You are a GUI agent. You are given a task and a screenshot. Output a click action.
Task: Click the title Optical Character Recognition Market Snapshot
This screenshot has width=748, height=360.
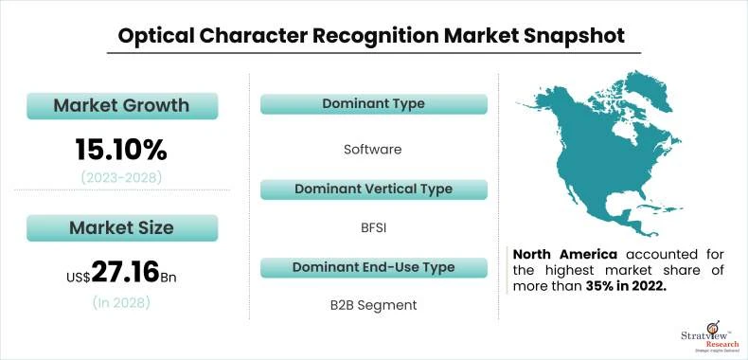pos(371,36)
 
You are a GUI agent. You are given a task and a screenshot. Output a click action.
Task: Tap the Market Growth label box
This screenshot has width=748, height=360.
pos(121,105)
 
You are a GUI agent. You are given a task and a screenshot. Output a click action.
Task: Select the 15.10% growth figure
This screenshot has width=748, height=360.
pos(121,149)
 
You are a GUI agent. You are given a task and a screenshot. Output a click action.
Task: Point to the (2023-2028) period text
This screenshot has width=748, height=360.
pos(121,177)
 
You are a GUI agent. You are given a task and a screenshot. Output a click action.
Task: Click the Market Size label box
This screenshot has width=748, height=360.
pos(121,227)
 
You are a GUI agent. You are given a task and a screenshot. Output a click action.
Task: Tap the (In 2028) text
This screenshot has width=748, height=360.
pos(121,303)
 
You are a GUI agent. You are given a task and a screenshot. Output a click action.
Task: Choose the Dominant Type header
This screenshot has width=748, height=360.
pos(373,103)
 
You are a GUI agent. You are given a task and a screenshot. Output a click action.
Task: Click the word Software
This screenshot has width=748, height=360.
pos(373,149)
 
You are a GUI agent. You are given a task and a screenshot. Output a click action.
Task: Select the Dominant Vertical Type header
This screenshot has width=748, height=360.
pos(373,189)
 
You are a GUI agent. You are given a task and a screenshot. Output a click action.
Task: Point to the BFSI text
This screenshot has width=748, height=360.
pos(373,227)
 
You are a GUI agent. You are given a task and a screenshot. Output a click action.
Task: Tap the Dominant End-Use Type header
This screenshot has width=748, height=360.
pos(373,267)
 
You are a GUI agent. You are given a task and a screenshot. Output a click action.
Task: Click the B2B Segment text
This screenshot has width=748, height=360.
pos(373,305)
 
